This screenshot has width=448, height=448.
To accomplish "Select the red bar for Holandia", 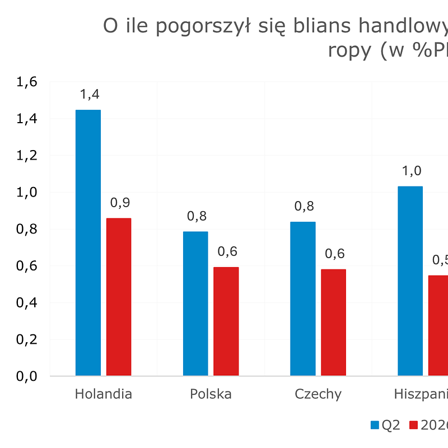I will pyautogui.click(x=119, y=297).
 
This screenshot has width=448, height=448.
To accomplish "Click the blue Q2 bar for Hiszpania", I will pyautogui.click(x=410, y=281).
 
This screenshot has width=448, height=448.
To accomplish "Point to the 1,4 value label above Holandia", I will pyautogui.click(x=90, y=94).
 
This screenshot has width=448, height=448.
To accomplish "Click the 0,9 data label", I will pyautogui.click(x=120, y=203).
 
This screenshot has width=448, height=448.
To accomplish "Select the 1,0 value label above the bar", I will pyautogui.click(x=410, y=171).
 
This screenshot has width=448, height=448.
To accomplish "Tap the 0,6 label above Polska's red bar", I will pyautogui.click(x=227, y=251).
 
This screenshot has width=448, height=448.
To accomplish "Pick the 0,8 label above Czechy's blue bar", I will pyautogui.click(x=304, y=206).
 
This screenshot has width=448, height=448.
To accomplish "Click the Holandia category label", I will pyautogui.click(x=104, y=394).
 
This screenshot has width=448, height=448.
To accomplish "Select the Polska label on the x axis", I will pyautogui.click(x=211, y=394).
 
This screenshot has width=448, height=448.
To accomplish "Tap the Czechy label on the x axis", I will pyautogui.click(x=318, y=394).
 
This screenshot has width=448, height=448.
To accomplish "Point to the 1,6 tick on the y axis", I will pyautogui.click(x=27, y=82).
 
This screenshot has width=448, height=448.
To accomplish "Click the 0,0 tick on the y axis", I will pyautogui.click(x=27, y=376).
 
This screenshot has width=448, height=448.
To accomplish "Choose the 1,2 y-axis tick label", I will pyautogui.click(x=27, y=156).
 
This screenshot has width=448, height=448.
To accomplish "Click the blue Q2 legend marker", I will pyautogui.click(x=375, y=426).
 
